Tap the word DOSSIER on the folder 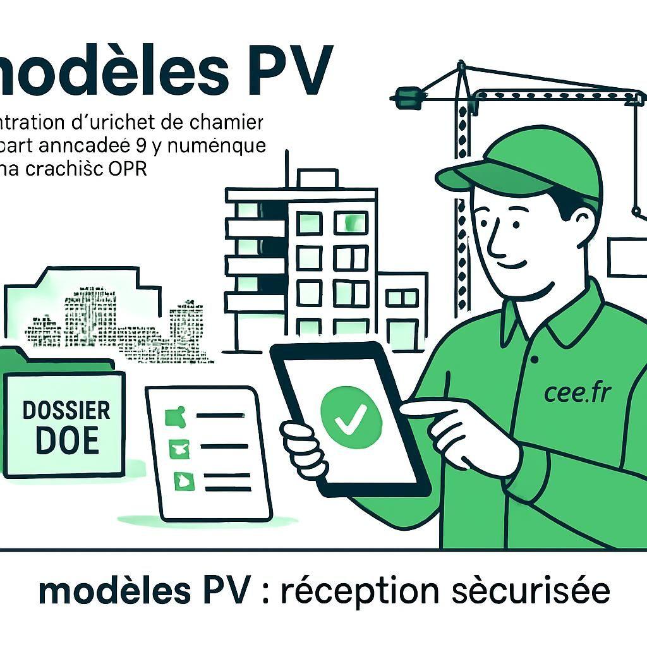[66, 410]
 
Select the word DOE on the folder [67, 440]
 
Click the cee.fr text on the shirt [577, 392]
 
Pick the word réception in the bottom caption [359, 591]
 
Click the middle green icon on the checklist [176, 449]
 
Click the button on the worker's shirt [535, 360]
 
